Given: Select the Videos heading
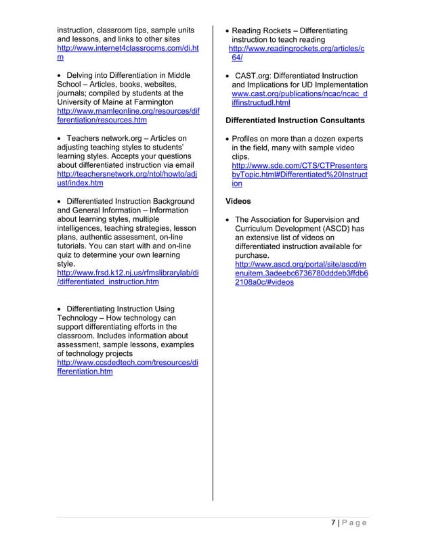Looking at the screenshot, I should coord(238,201).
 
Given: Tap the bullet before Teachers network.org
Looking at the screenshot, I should coord(60,138).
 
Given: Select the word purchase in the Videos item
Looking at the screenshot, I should coord(252,255).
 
